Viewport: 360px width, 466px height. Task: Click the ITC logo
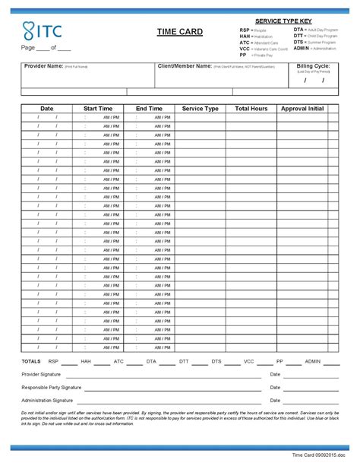point(42,31)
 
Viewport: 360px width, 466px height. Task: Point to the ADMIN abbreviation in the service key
point(302,48)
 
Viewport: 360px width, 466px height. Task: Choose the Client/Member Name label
point(184,67)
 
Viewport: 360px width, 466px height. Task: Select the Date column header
point(47,109)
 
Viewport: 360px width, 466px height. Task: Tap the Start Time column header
point(98,109)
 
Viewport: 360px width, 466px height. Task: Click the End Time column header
point(149,109)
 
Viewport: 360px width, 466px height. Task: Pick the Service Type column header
point(200,109)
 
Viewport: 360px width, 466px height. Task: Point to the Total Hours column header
point(251,109)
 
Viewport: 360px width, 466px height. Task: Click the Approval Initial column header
point(302,109)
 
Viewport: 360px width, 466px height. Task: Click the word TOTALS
point(31,362)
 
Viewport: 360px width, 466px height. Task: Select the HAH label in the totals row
point(85,362)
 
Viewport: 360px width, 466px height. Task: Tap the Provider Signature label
point(41,375)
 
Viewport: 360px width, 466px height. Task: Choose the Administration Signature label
point(47,400)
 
